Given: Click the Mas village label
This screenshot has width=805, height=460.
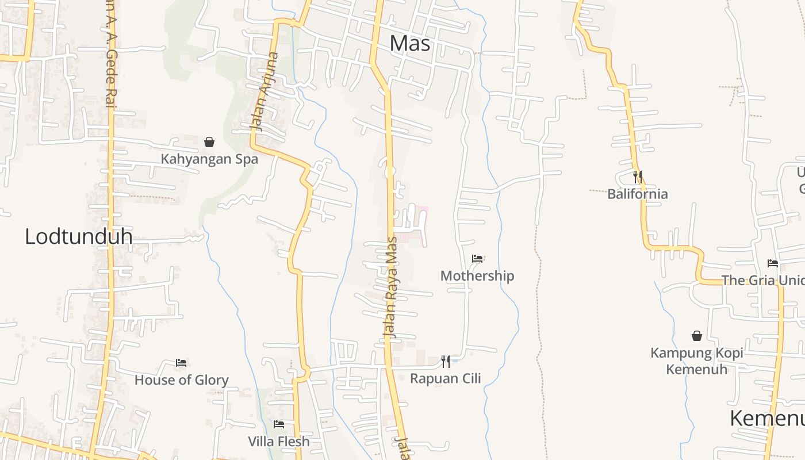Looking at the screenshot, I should pyautogui.click(x=409, y=44).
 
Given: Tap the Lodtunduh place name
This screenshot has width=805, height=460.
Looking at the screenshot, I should pyautogui.click(x=78, y=236).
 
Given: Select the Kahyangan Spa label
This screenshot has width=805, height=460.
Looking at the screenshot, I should pyautogui.click(x=209, y=159).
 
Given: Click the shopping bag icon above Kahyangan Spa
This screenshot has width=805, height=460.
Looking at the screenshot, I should pyautogui.click(x=209, y=141).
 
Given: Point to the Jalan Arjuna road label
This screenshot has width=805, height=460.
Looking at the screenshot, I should pyautogui.click(x=264, y=92).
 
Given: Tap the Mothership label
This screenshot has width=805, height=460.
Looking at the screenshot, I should pyautogui.click(x=477, y=276).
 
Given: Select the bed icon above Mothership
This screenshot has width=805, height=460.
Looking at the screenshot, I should pyautogui.click(x=477, y=259).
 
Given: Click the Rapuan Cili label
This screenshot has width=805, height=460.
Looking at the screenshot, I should pyautogui.click(x=446, y=378).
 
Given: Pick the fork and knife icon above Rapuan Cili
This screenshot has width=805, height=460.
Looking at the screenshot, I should pyautogui.click(x=446, y=362).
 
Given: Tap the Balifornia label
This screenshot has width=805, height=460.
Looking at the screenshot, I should pyautogui.click(x=638, y=194).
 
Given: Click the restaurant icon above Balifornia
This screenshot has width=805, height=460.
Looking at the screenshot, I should pyautogui.click(x=638, y=177).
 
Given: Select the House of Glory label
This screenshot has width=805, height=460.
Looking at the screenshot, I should pyautogui.click(x=181, y=380).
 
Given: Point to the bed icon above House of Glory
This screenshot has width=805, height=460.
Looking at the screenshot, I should pyautogui.click(x=181, y=363).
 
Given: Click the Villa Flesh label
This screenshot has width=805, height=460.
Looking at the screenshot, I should pyautogui.click(x=279, y=442).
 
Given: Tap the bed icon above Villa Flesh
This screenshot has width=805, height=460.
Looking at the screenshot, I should pyautogui.click(x=279, y=424).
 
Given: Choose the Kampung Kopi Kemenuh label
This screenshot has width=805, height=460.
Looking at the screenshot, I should pyautogui.click(x=697, y=361).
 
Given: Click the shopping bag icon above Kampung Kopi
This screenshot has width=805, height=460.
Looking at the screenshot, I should pyautogui.click(x=697, y=336).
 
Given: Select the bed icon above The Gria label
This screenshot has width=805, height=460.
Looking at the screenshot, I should pyautogui.click(x=773, y=263).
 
